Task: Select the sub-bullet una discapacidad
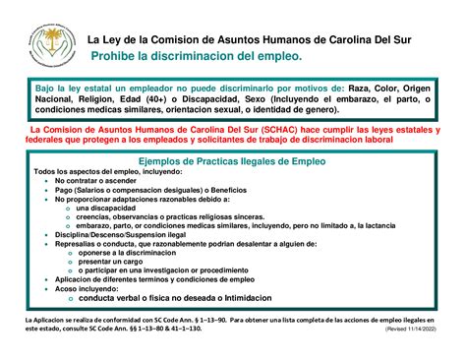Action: [109, 209]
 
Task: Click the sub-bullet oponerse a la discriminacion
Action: [130, 252]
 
